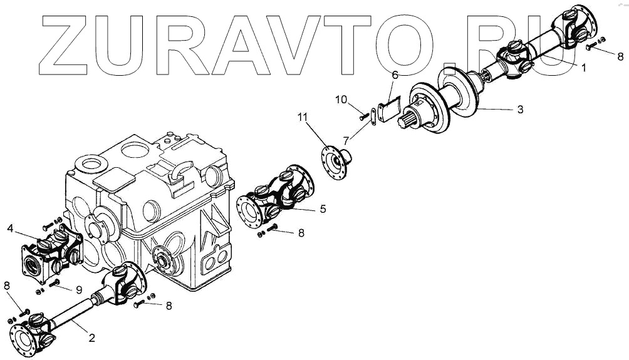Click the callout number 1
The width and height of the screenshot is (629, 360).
[583, 68]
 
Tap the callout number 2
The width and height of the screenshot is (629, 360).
[91, 338]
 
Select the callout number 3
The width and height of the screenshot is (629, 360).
[520, 110]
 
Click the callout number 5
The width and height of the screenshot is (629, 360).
[322, 208]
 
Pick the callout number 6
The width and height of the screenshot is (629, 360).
[395, 76]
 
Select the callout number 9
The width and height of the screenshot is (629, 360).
[79, 289]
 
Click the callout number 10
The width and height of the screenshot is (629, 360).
[340, 100]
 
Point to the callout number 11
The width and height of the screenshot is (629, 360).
[303, 117]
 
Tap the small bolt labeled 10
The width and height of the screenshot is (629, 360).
[363, 116]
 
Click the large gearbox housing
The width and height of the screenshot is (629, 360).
[150, 200]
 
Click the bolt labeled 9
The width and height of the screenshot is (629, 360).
[55, 282]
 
